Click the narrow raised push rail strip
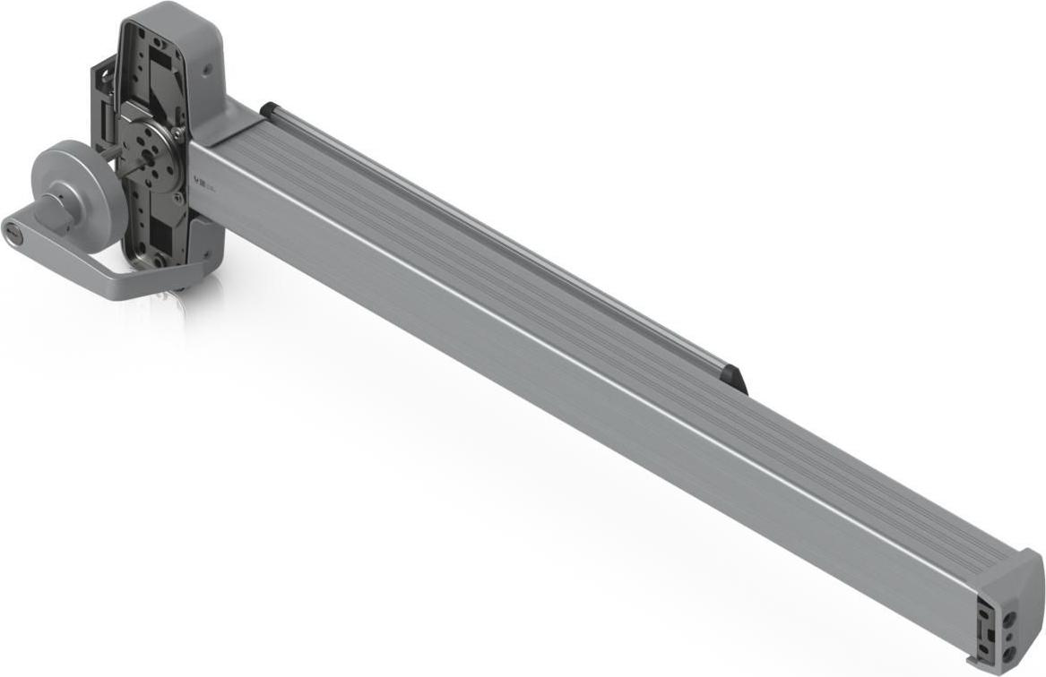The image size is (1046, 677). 502,242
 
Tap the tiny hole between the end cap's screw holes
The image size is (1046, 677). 1011,635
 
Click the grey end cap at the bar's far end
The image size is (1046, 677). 1011,609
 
